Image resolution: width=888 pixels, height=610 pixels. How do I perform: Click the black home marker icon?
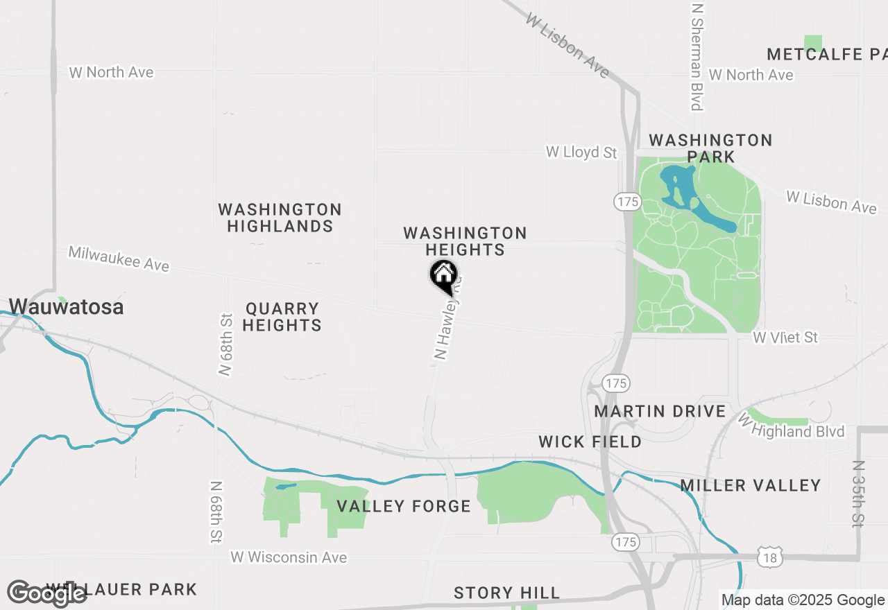(444, 276)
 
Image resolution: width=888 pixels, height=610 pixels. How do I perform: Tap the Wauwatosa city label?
(67, 306)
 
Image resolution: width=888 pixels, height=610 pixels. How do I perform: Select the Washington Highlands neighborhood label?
(280, 218)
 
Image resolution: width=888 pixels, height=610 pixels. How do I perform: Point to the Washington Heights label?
(465, 241)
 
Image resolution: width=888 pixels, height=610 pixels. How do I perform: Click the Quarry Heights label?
(282, 317)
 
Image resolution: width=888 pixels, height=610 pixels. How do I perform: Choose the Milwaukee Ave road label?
(119, 258)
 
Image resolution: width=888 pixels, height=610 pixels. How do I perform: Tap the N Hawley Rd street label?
(447, 320)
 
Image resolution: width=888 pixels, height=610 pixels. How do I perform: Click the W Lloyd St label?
(581, 152)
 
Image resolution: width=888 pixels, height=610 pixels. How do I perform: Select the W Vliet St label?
(785, 338)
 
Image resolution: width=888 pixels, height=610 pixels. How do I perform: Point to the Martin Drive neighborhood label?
(660, 411)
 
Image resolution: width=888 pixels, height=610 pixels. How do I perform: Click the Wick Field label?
(590, 442)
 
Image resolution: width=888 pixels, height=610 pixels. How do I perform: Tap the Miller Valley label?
(751, 485)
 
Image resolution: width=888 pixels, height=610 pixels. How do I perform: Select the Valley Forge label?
(404, 506)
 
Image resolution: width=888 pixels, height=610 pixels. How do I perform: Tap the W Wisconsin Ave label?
(289, 557)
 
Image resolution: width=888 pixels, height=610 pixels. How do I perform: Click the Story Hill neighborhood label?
(506, 593)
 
